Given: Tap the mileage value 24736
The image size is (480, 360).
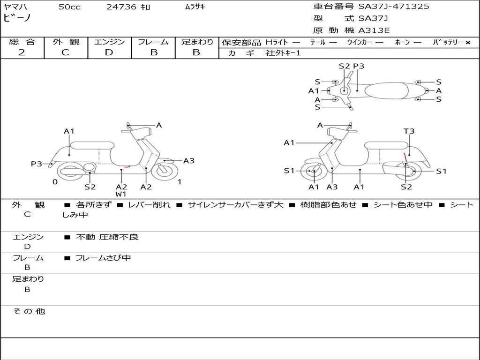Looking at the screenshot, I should pyautogui.click(x=121, y=7).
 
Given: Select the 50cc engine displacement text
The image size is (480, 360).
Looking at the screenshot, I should pyautogui.click(x=69, y=7).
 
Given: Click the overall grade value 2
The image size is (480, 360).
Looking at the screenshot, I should pyautogui.click(x=22, y=52).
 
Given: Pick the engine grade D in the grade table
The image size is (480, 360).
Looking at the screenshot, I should pyautogui.click(x=109, y=52).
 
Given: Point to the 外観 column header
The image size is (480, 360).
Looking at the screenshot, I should pyautogui.click(x=66, y=42).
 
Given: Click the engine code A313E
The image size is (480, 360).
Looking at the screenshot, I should pyautogui.click(x=374, y=31).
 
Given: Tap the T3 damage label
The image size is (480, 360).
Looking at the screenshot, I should pyautogui.click(x=409, y=131).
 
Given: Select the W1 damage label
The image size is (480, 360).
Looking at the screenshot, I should pyautogui.click(x=121, y=194).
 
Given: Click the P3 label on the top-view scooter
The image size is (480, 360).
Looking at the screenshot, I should pyautogui.click(x=359, y=66).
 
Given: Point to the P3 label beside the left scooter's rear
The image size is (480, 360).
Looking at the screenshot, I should pyautogui.click(x=37, y=164).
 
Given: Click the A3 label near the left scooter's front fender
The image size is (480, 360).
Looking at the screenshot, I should pyautogui.click(x=189, y=161).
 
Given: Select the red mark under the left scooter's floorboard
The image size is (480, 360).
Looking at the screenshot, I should pyautogui.click(x=125, y=166).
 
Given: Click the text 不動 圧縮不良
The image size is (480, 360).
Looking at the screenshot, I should pyautogui.click(x=107, y=237).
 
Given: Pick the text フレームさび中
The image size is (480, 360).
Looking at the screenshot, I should pyautogui.click(x=103, y=258).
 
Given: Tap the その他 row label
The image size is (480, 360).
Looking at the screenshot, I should pyautogui.click(x=29, y=311).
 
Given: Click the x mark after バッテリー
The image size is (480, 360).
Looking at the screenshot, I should pyautogui.click(x=468, y=43).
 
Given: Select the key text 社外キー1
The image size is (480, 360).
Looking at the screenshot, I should pyautogui.click(x=283, y=53).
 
